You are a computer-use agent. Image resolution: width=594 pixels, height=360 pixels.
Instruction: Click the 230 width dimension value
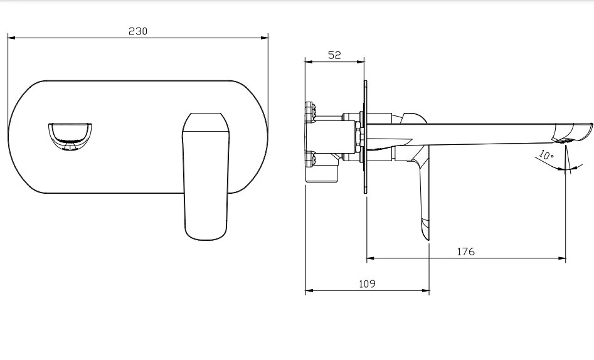(x=138, y=31)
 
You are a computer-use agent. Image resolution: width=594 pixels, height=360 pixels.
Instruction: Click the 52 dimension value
(x=334, y=55)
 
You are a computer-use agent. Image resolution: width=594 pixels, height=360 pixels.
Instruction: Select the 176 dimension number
(x=465, y=251)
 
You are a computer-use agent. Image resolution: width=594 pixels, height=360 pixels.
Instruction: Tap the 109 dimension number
(x=367, y=284)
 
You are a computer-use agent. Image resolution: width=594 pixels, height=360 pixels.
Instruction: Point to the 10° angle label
(x=546, y=155)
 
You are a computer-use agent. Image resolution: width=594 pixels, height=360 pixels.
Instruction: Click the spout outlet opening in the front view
(x=70, y=137)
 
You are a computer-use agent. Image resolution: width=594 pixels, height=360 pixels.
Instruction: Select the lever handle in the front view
(x=206, y=176)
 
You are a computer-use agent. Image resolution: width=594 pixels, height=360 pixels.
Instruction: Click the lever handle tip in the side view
(x=427, y=238)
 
